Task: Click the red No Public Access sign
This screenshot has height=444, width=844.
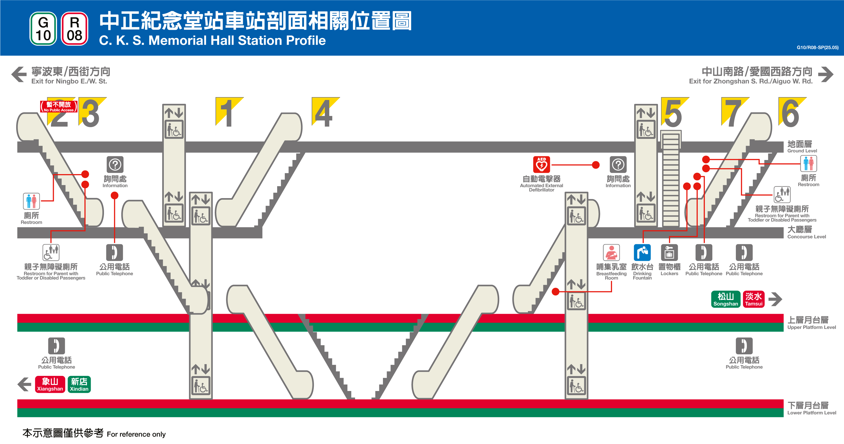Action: pyautogui.click(x=59, y=106)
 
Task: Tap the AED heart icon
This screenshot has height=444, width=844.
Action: pyautogui.click(x=541, y=164)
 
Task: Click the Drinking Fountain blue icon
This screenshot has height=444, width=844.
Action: pyautogui.click(x=642, y=252)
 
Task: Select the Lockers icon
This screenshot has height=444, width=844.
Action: pyautogui.click(x=669, y=252)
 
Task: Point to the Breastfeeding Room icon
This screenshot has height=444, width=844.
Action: pyautogui.click(x=611, y=252)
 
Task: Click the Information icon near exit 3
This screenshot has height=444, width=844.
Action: pyautogui.click(x=115, y=164)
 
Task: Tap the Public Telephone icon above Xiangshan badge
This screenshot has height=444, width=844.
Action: pyautogui.click(x=56, y=346)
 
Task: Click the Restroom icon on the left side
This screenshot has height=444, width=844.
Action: pyautogui.click(x=31, y=201)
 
